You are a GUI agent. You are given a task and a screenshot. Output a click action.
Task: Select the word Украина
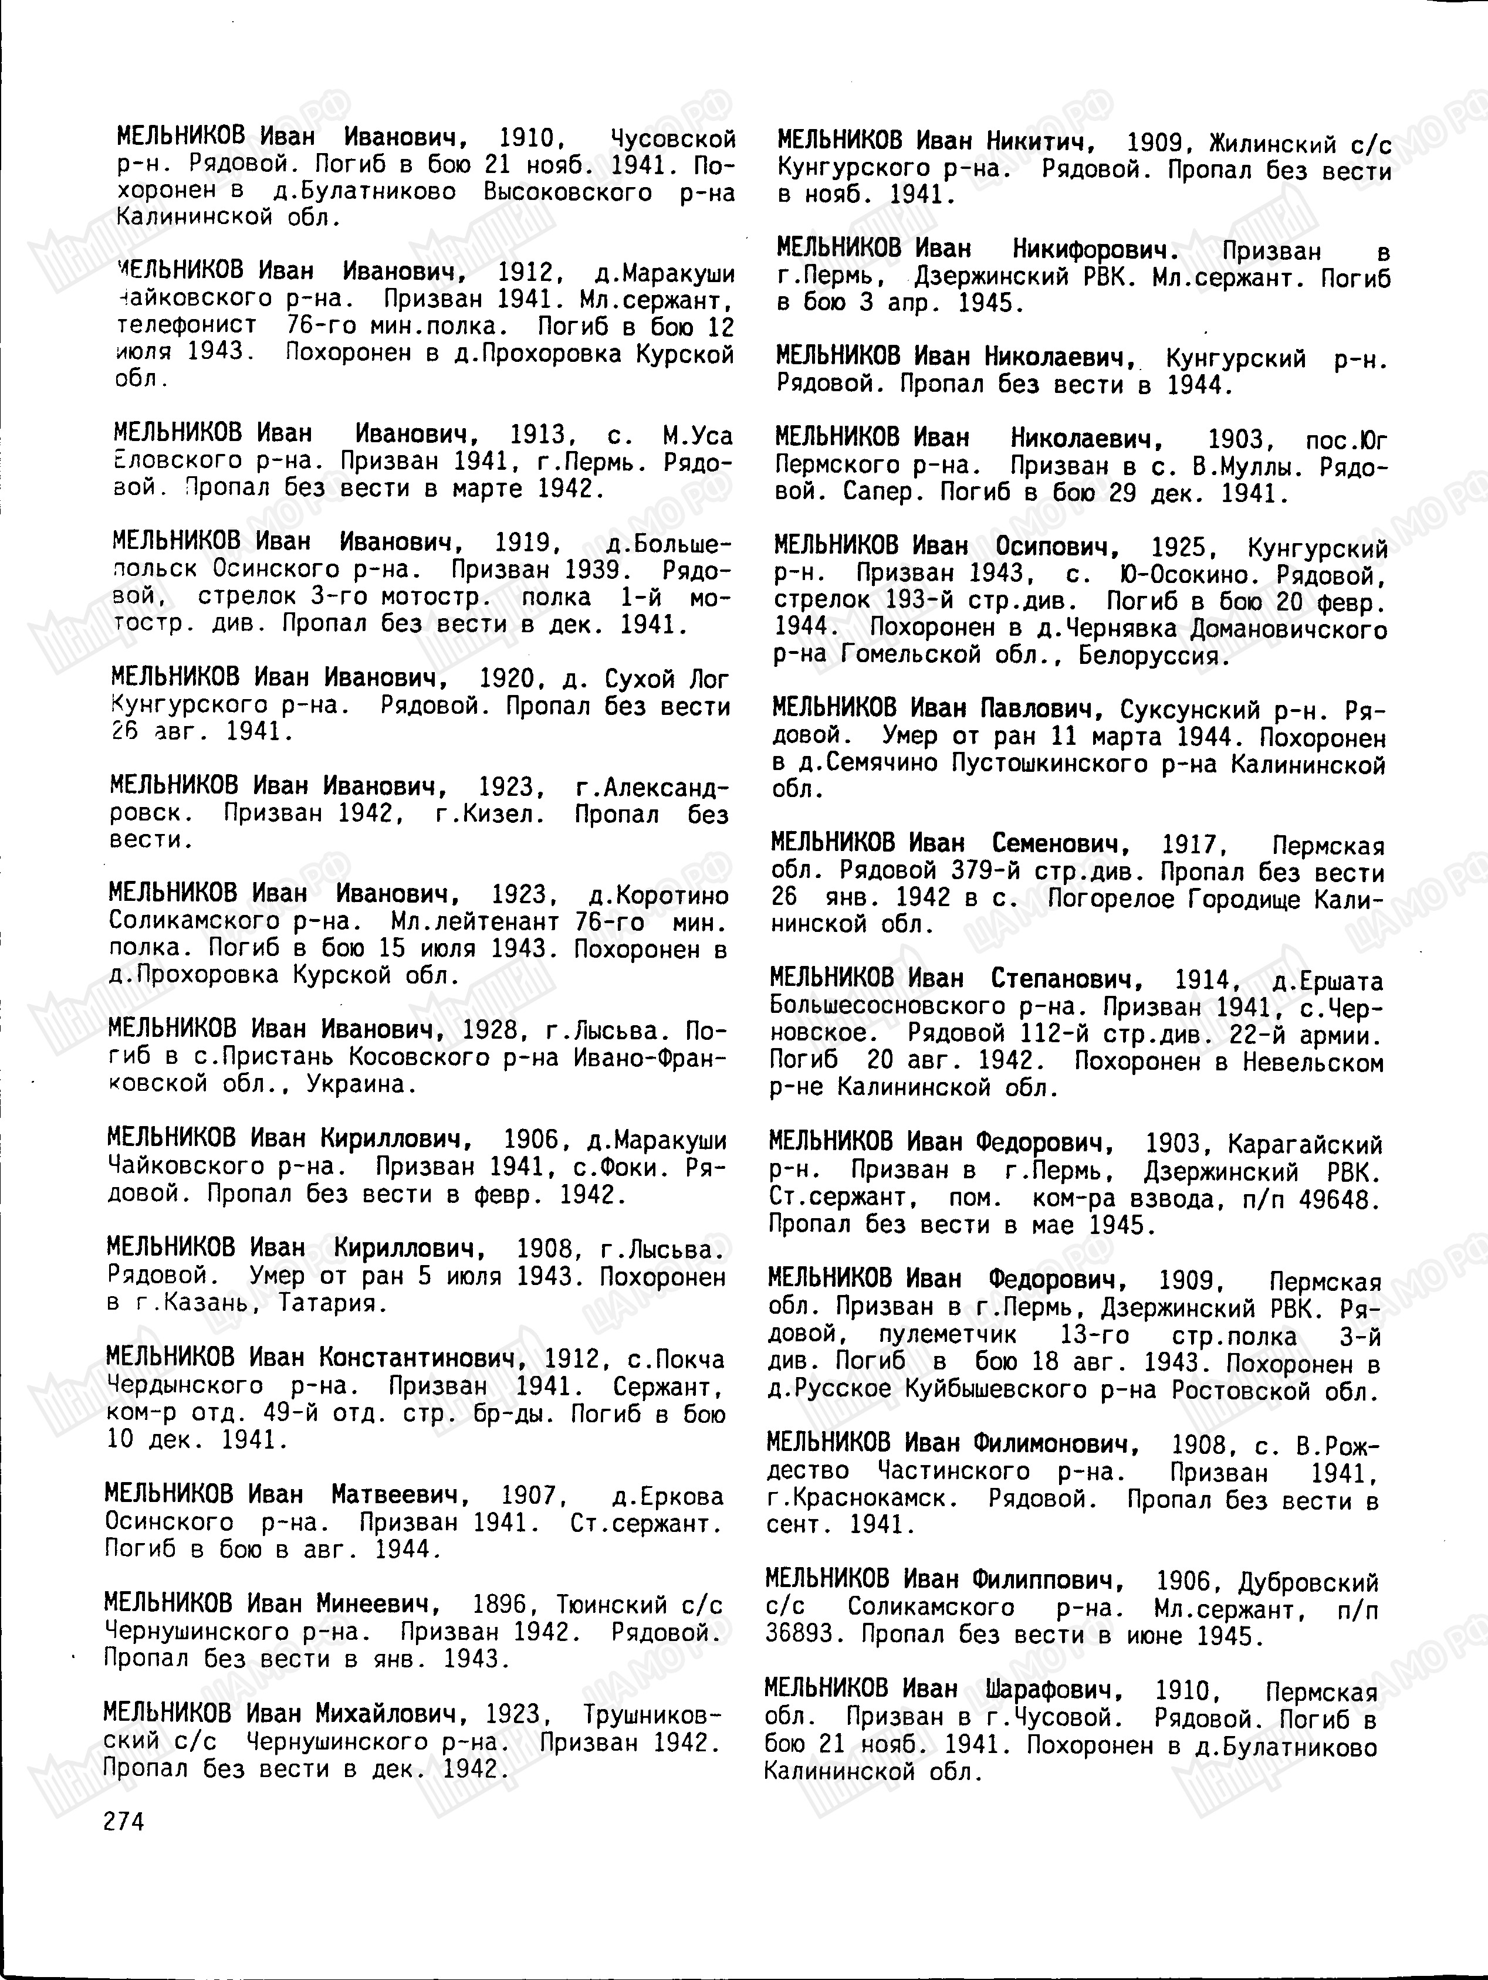tap(361, 1084)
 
